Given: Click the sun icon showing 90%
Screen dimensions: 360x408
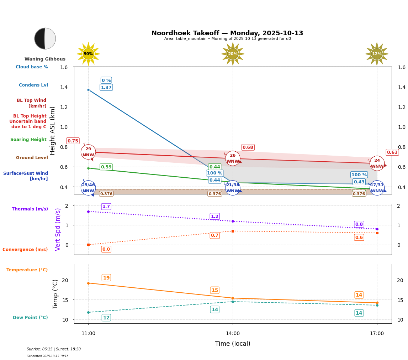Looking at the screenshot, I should point(88,54).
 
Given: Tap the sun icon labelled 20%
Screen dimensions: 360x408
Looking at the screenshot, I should point(233,54).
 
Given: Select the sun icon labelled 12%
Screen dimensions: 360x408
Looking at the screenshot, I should point(377,54).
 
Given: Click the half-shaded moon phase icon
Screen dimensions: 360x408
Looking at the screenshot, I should point(45,38).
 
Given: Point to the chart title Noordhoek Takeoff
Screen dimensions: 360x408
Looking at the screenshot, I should point(227,33).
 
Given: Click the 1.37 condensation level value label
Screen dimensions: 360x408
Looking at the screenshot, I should point(106,88).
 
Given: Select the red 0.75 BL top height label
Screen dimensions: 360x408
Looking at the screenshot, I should point(73,141).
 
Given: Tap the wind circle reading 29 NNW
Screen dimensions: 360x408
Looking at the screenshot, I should point(88,152).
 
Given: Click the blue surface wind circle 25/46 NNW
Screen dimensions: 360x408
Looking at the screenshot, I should point(88,188).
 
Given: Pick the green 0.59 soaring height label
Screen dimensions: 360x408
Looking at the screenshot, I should point(106,167).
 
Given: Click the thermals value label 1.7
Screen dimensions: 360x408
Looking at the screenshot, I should point(106,207).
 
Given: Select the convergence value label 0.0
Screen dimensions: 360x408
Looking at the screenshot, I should point(106,249).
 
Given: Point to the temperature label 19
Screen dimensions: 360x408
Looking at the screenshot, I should point(106,278).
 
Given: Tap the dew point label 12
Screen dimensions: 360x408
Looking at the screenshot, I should point(106,318).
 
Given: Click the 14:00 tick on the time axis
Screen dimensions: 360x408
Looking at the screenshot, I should point(233,334).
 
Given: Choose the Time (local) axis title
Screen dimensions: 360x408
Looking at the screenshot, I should point(233,344).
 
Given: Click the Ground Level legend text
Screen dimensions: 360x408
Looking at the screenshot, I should point(32,158).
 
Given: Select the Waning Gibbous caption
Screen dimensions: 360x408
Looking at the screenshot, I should point(45,59).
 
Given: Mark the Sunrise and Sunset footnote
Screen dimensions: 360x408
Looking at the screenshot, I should point(54,349).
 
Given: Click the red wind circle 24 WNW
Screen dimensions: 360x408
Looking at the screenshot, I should point(377,163).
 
